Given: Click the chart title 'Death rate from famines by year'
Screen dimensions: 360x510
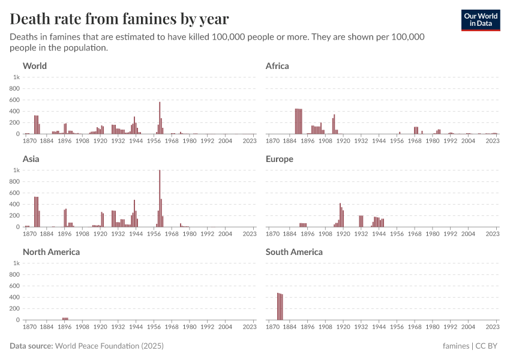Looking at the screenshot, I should tap(119, 19).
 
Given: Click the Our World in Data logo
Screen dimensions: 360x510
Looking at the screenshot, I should tap(480, 20).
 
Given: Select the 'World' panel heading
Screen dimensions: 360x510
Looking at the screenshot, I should tap(35, 66).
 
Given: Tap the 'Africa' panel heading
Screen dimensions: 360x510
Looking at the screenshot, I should tap(277, 66).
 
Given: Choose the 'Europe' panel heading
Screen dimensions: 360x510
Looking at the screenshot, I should tap(279, 159).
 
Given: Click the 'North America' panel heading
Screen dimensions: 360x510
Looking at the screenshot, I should tap(51, 252).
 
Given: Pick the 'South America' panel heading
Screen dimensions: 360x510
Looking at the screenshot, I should tap(294, 252).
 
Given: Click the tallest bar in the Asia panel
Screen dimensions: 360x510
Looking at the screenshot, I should tap(160, 198).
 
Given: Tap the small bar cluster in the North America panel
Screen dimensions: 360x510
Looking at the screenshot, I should tap(65, 319).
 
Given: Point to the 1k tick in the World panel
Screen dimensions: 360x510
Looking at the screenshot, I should tap(17, 77).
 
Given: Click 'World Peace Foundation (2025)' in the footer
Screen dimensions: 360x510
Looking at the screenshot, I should tap(109, 346).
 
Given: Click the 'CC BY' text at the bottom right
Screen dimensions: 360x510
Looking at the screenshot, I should tap(487, 346).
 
